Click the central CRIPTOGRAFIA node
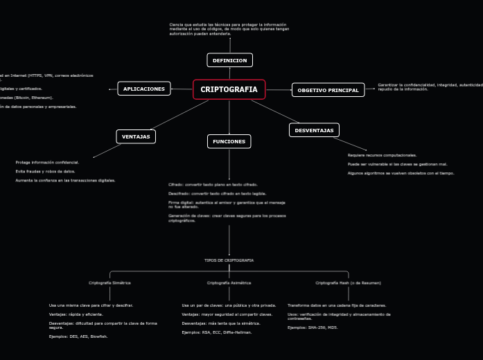[x=229, y=89]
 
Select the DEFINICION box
[x=229, y=60]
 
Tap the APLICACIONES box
[x=144, y=89]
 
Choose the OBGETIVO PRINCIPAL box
[x=328, y=90]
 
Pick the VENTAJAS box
[x=136, y=136]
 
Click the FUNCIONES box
[x=229, y=141]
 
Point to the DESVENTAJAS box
[x=314, y=130]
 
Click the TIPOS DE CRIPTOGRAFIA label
[x=229, y=260]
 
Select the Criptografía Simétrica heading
[x=109, y=282]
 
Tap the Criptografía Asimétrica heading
[x=229, y=282]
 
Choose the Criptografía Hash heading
[x=348, y=282]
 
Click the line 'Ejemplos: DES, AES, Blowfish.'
[x=78, y=336]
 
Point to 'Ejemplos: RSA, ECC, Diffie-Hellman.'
[x=216, y=332]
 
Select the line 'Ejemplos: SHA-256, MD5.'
[x=313, y=327]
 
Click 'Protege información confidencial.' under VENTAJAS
[x=47, y=162]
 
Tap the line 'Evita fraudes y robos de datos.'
[x=45, y=171]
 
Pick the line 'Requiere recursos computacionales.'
[x=382, y=155]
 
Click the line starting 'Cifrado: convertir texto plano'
[x=213, y=185]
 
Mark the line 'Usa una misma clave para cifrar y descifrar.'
[x=91, y=305]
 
